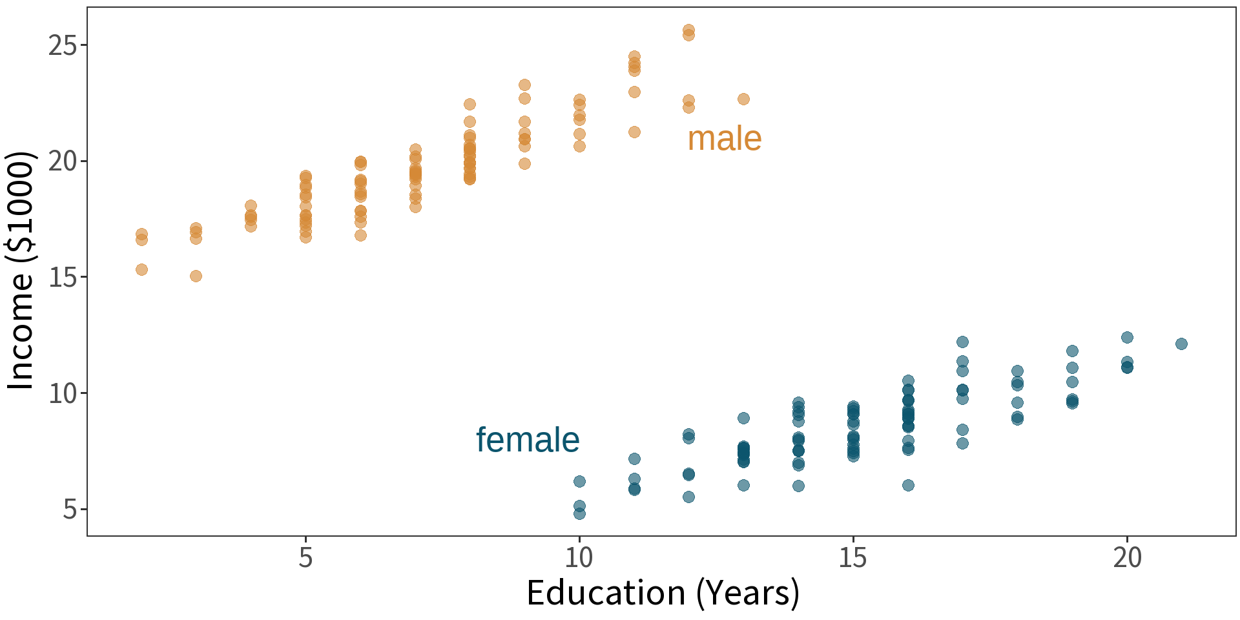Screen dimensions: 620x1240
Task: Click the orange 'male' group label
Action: (x=724, y=139)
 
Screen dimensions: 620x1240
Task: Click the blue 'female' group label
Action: (x=528, y=440)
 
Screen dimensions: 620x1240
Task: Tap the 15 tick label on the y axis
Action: (x=63, y=278)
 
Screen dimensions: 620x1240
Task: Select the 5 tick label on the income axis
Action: (x=70, y=510)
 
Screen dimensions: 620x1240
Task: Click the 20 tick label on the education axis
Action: (x=1127, y=557)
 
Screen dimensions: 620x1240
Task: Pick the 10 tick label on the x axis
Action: (x=579, y=557)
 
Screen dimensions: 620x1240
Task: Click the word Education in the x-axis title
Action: (x=606, y=593)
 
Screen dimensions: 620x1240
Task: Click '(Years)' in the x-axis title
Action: (x=748, y=593)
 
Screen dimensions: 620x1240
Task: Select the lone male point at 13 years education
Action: (x=743, y=99)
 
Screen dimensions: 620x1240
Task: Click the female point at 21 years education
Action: (x=1181, y=344)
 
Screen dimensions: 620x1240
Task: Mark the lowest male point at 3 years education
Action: (x=196, y=276)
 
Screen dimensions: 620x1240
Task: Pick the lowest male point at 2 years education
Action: (x=141, y=269)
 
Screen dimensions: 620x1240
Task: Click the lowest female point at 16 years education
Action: (x=908, y=485)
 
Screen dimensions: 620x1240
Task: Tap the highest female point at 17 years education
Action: (x=962, y=342)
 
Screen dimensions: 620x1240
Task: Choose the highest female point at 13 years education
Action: (x=743, y=418)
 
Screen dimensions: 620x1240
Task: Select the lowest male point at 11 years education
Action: (x=634, y=132)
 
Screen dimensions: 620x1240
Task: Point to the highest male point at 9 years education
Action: (x=524, y=85)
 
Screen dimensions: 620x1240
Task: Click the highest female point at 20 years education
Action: (x=1127, y=337)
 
